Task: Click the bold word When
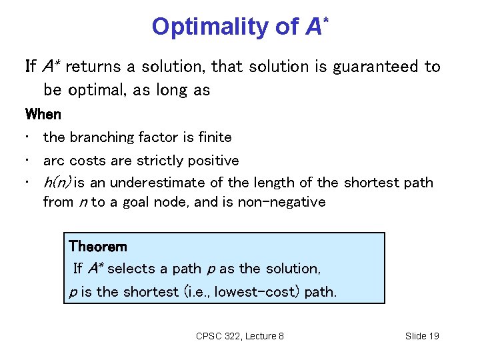coord(43,114)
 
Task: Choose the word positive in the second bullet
coord(212,161)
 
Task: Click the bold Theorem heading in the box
coord(97,246)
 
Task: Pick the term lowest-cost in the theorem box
coord(252,291)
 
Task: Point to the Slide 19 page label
coord(422,336)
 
